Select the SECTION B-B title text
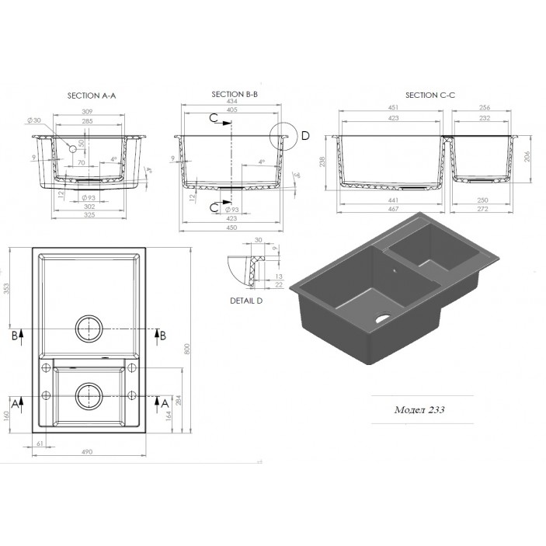[x=235, y=94]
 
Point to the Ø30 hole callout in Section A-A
[x=33, y=120]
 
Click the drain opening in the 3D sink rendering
[x=381, y=318]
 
